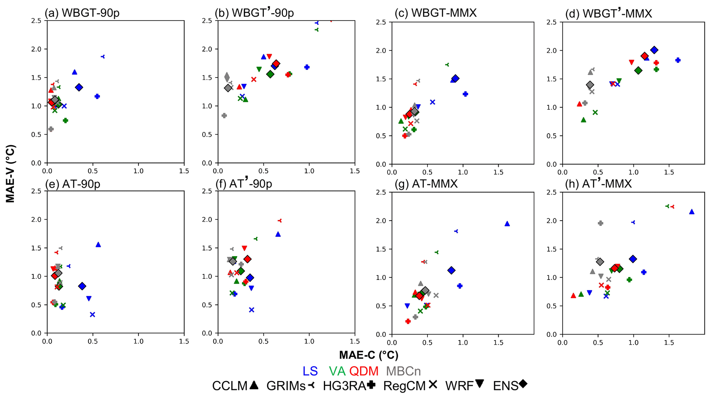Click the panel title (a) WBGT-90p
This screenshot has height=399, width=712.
[x=82, y=13]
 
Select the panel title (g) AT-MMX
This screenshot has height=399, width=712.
[x=426, y=184]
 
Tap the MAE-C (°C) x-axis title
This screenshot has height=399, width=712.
[x=369, y=355]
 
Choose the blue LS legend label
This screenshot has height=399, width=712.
[x=310, y=371]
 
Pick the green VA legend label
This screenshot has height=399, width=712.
[x=337, y=371]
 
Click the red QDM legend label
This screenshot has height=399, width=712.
[x=364, y=371]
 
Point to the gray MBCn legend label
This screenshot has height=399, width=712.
[x=403, y=371]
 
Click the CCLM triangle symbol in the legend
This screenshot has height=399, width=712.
[x=254, y=385]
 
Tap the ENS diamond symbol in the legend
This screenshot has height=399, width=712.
[x=523, y=384]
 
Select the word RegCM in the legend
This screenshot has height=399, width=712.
[x=404, y=386]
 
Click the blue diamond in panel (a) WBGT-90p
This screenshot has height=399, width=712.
[x=79, y=87]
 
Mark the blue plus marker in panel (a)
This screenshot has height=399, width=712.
[x=97, y=96]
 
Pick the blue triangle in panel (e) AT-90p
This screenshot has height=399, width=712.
[x=98, y=245]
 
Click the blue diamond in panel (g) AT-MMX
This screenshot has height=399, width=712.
[x=451, y=271]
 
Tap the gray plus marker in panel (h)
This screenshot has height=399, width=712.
[x=600, y=223]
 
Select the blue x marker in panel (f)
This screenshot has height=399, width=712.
[x=251, y=310]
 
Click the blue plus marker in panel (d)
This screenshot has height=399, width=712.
[x=678, y=60]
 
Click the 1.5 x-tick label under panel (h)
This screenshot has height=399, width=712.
[x=669, y=343]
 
